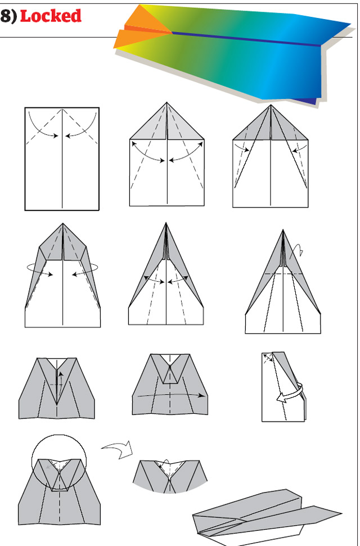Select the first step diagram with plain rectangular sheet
(62, 159)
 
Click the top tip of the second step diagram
(166, 103)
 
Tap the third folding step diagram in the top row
(271, 157)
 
